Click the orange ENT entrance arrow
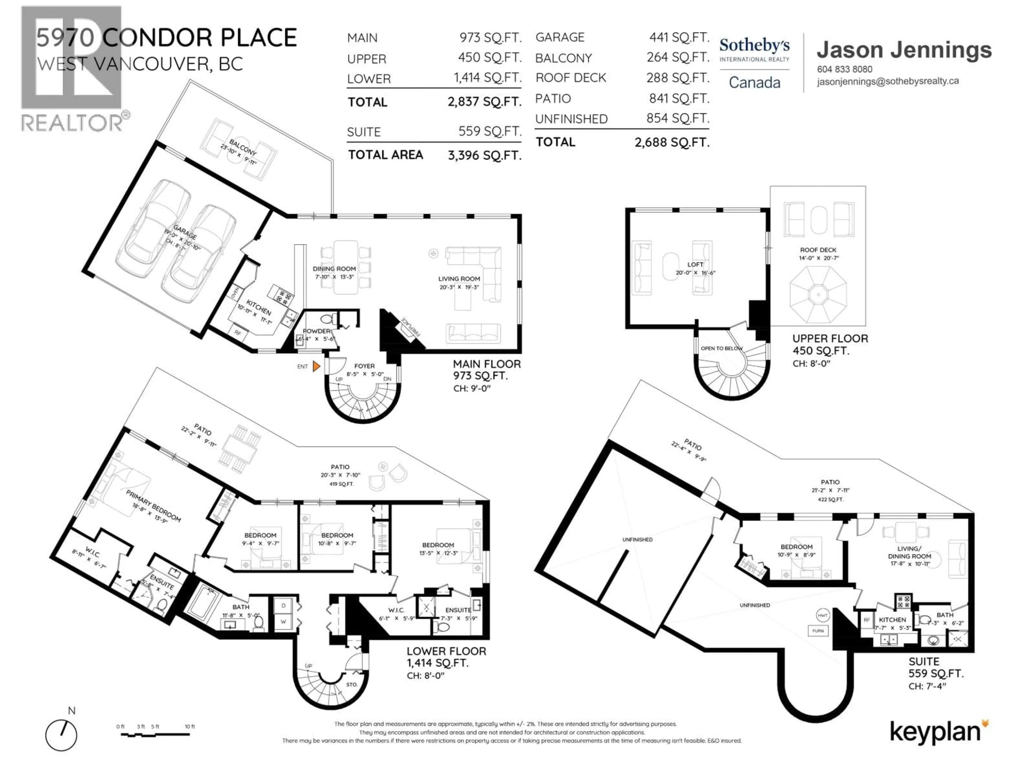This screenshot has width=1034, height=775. (x=316, y=366)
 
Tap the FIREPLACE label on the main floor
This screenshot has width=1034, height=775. (x=410, y=326)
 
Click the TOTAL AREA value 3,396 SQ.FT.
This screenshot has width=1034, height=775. (x=484, y=155)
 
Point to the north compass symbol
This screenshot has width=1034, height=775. (x=61, y=735)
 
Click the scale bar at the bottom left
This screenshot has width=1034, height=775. (x=155, y=734)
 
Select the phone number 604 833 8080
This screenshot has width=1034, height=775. (x=844, y=69)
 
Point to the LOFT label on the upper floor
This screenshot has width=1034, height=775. (x=695, y=265)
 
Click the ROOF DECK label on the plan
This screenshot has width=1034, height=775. (x=818, y=250)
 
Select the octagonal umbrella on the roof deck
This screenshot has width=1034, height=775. (x=818, y=294)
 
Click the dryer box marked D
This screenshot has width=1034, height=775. (x=283, y=605)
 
